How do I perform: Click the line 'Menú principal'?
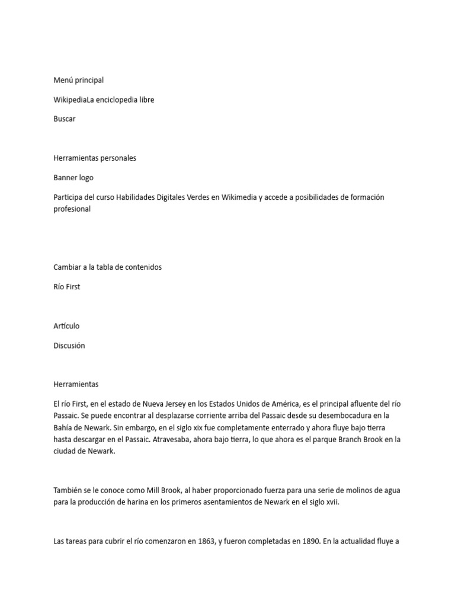(78, 80)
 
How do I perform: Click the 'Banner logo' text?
(73, 177)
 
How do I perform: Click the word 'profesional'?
(72, 209)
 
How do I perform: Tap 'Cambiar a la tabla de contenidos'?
(107, 267)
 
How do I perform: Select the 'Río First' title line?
(66, 286)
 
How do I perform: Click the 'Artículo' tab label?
(66, 325)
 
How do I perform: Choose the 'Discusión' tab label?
(69, 345)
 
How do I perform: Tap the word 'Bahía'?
(63, 427)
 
